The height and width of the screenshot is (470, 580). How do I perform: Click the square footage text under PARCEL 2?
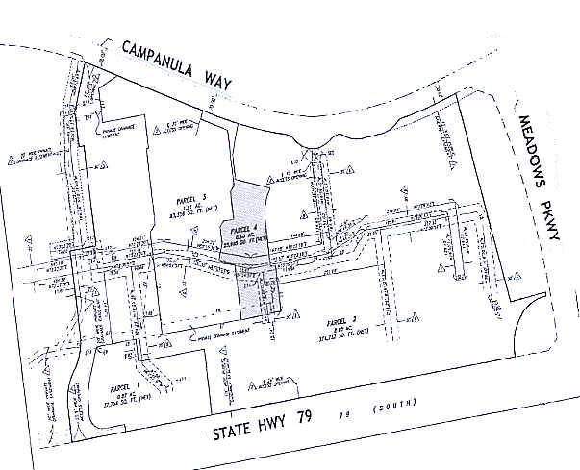(x=342, y=336)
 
